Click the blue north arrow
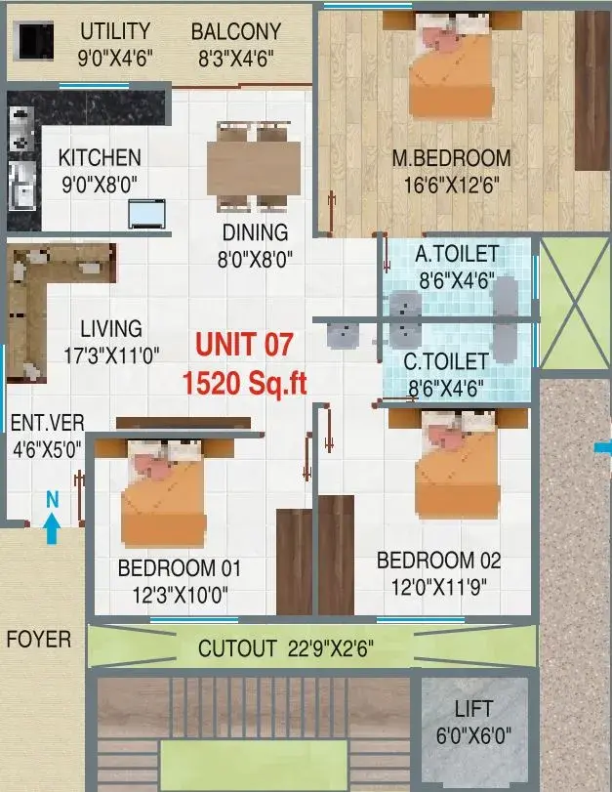click(x=52, y=528)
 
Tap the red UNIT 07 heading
click(x=244, y=345)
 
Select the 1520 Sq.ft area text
click(x=244, y=383)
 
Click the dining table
click(x=254, y=166)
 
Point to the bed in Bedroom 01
click(x=164, y=492)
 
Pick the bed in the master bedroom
click(x=451, y=64)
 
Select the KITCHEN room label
click(x=100, y=157)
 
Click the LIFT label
click(x=473, y=709)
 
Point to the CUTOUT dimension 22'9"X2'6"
click(x=330, y=648)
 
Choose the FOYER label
click(x=39, y=640)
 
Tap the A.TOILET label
click(x=457, y=254)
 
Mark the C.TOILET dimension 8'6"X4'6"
click(x=445, y=389)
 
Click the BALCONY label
click(x=236, y=32)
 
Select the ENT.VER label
click(x=48, y=423)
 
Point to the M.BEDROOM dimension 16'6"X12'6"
click(x=451, y=185)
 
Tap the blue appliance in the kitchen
click(x=146, y=214)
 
